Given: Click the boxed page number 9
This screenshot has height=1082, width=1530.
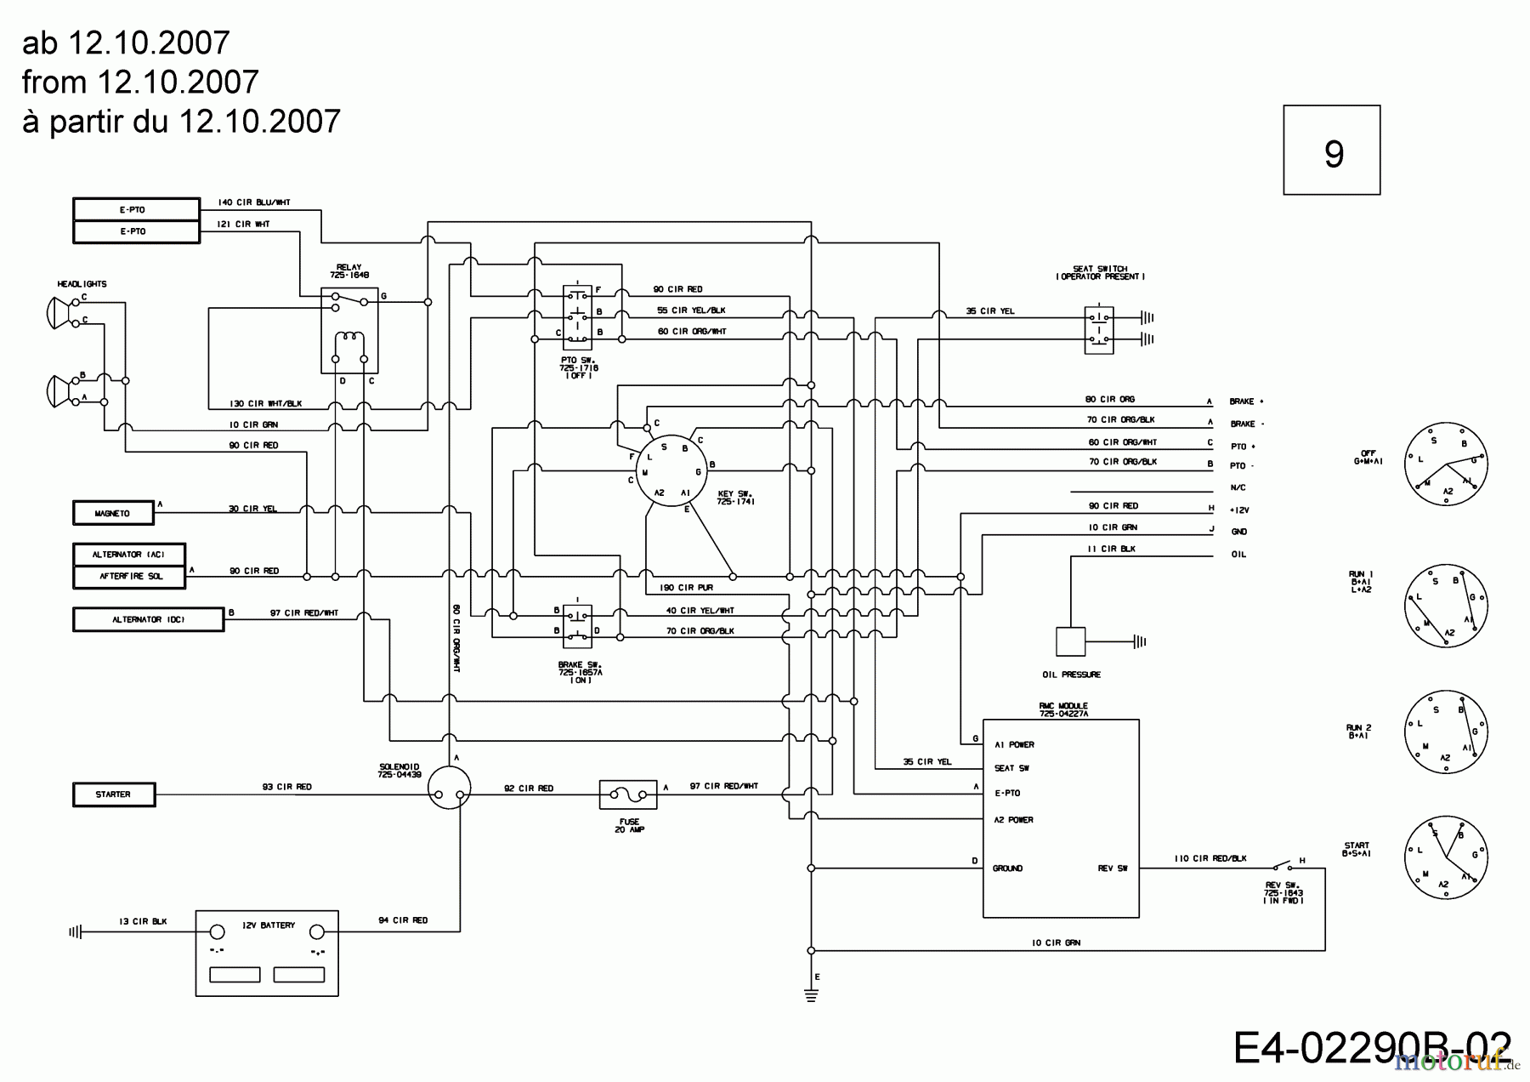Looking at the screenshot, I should (1331, 151).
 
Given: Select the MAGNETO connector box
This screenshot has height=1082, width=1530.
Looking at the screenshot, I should (113, 513).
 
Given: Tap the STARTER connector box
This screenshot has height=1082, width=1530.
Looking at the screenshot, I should (113, 794).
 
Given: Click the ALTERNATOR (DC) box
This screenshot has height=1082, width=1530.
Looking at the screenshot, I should (148, 619).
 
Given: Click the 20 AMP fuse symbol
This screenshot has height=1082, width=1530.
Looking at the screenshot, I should (628, 794).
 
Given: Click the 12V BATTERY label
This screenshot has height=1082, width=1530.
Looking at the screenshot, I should (268, 925).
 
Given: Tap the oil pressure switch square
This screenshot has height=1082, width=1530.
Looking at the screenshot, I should (1070, 641).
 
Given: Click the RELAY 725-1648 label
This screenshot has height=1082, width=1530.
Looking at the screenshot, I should (348, 271).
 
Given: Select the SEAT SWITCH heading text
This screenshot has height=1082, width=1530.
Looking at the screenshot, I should (1100, 272).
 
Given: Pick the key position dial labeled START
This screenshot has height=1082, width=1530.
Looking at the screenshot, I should (1445, 857).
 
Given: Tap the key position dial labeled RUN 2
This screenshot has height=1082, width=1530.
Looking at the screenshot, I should (1445, 732).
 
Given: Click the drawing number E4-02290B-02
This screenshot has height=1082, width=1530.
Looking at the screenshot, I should (1371, 1048).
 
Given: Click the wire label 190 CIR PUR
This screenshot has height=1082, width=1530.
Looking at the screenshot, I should (686, 588).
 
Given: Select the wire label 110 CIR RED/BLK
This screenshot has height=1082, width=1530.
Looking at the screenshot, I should (1210, 858).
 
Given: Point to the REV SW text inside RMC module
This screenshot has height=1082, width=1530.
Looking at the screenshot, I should (1112, 868).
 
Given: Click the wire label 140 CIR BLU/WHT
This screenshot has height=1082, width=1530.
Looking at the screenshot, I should (253, 202).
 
